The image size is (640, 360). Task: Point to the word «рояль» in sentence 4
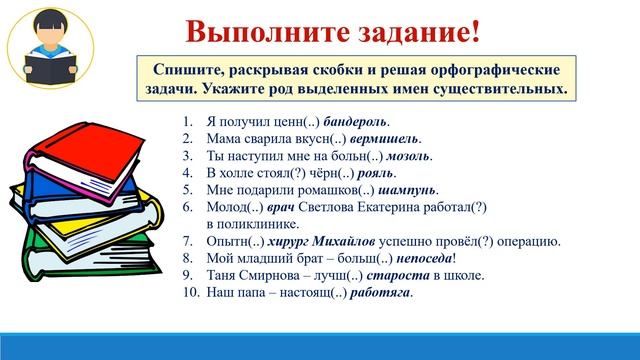[362, 173]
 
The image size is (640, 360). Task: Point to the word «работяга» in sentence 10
[377, 293]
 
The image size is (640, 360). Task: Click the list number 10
[192, 293]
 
